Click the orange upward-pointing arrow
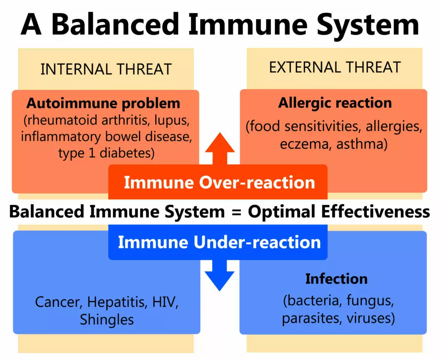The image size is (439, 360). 220,148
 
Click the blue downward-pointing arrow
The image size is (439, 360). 220,275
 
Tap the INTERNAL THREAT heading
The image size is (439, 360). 106,69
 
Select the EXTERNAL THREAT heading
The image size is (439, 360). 335,67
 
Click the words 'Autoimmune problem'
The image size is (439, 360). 103,104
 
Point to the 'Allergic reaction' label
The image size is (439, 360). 335,103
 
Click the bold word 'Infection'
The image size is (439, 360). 336,279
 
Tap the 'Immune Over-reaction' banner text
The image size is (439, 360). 219,183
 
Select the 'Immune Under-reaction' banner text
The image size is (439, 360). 219,242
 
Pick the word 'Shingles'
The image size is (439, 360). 107,319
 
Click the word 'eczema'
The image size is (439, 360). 306,144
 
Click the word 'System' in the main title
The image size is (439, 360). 367,24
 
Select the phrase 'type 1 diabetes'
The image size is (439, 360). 106,153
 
